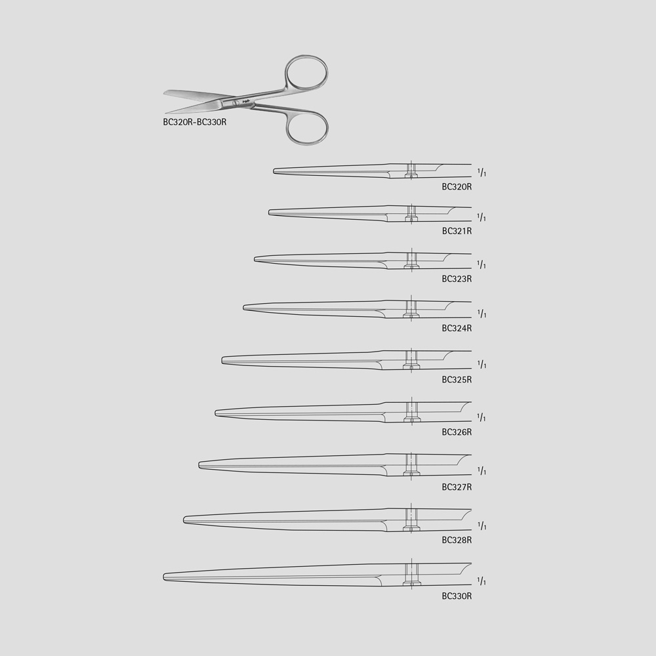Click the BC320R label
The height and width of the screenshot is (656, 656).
[x=457, y=186]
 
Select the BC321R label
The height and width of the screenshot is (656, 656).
[x=457, y=231]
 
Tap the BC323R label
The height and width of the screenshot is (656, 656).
[x=457, y=279]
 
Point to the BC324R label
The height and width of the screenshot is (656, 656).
[x=457, y=328]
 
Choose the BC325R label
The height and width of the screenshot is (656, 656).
[x=457, y=379]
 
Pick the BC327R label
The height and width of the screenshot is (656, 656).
[x=457, y=486]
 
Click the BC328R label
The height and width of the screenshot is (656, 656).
[x=457, y=540]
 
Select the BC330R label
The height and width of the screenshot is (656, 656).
[x=457, y=596]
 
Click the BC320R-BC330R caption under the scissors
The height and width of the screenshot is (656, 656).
[x=194, y=121]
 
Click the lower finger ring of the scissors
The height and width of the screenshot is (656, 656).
[x=306, y=126]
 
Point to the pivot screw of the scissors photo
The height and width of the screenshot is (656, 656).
[x=236, y=103]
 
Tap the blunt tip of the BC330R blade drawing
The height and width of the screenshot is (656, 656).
[x=165, y=576]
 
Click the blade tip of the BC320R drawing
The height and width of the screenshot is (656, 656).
[x=276, y=171]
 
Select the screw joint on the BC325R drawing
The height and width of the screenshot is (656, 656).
[x=411, y=359]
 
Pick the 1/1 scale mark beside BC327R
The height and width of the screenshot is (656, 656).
[x=482, y=471]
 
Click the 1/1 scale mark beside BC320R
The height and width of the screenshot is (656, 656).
[x=482, y=173]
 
